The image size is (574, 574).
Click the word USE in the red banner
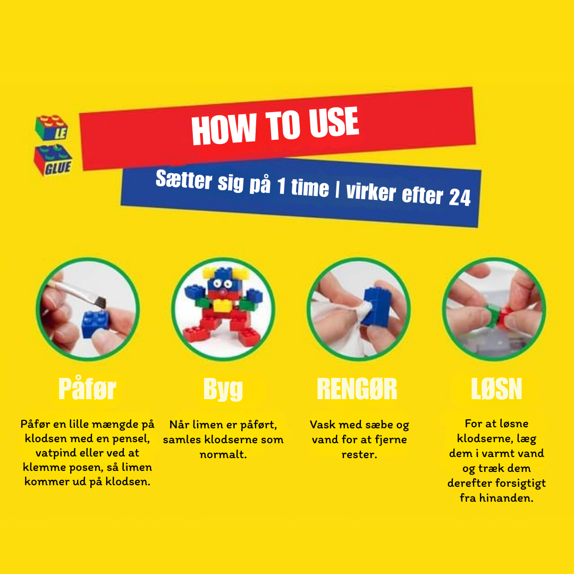click(x=333, y=123)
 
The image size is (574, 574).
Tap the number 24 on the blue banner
click(x=459, y=198)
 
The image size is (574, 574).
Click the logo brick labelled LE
click(x=52, y=128)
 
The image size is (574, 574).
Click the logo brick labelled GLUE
click(x=53, y=161)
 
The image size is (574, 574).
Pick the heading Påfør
click(x=87, y=389)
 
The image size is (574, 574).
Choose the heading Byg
click(x=223, y=389)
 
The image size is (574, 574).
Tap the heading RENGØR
click(x=357, y=389)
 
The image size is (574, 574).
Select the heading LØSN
click(x=496, y=389)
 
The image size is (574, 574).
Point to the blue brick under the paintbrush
click(x=95, y=324)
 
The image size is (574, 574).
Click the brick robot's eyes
click(x=223, y=284)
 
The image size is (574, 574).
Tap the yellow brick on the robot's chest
click(x=222, y=305)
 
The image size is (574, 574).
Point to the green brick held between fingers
click(x=493, y=314)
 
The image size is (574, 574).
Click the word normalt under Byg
click(x=223, y=454)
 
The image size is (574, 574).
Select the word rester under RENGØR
click(x=359, y=454)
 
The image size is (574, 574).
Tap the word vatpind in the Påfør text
click(x=55, y=453)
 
